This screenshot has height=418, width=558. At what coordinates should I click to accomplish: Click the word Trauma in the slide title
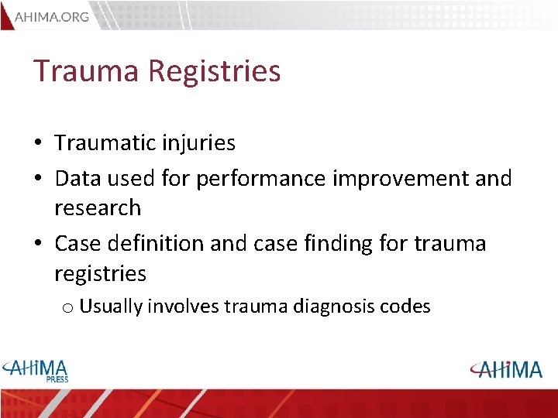(86, 71)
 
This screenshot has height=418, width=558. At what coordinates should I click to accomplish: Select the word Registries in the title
(214, 71)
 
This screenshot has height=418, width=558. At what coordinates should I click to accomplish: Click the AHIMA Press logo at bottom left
(36, 371)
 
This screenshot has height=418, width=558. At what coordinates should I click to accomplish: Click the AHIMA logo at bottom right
(506, 369)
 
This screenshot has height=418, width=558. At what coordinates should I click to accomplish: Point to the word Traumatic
(106, 143)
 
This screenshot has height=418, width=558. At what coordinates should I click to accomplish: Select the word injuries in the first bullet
(200, 143)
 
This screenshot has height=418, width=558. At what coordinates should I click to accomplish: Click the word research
(98, 208)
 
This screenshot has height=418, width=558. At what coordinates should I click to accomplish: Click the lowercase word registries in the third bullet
(100, 274)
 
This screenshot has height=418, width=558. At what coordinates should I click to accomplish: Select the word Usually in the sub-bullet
(110, 307)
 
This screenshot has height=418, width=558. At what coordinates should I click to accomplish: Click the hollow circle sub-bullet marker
(67, 308)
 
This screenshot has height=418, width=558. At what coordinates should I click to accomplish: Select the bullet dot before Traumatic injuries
(37, 144)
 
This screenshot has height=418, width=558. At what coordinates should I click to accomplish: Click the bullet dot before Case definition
(37, 245)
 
